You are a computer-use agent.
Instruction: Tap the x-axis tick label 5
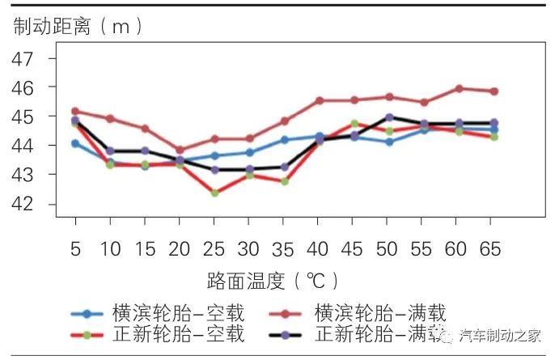coord(75,248)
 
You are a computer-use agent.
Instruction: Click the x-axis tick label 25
coord(214,248)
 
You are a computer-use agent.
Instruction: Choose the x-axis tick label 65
coord(493,248)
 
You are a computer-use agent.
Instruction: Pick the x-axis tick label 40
coord(319,248)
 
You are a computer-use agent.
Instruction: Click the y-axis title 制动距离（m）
coord(78,26)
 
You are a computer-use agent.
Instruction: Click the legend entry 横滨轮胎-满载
coord(379,313)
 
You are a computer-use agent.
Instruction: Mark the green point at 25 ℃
coord(214,193)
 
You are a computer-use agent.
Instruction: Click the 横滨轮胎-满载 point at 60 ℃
coord(459,89)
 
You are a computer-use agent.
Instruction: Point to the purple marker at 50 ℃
coord(389,117)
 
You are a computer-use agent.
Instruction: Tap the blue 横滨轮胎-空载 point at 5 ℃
coord(75,143)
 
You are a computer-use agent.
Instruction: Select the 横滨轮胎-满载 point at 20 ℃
coord(180,150)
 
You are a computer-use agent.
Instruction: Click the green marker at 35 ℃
coord(285,181)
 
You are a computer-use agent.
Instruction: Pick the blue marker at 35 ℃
coord(285,140)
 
